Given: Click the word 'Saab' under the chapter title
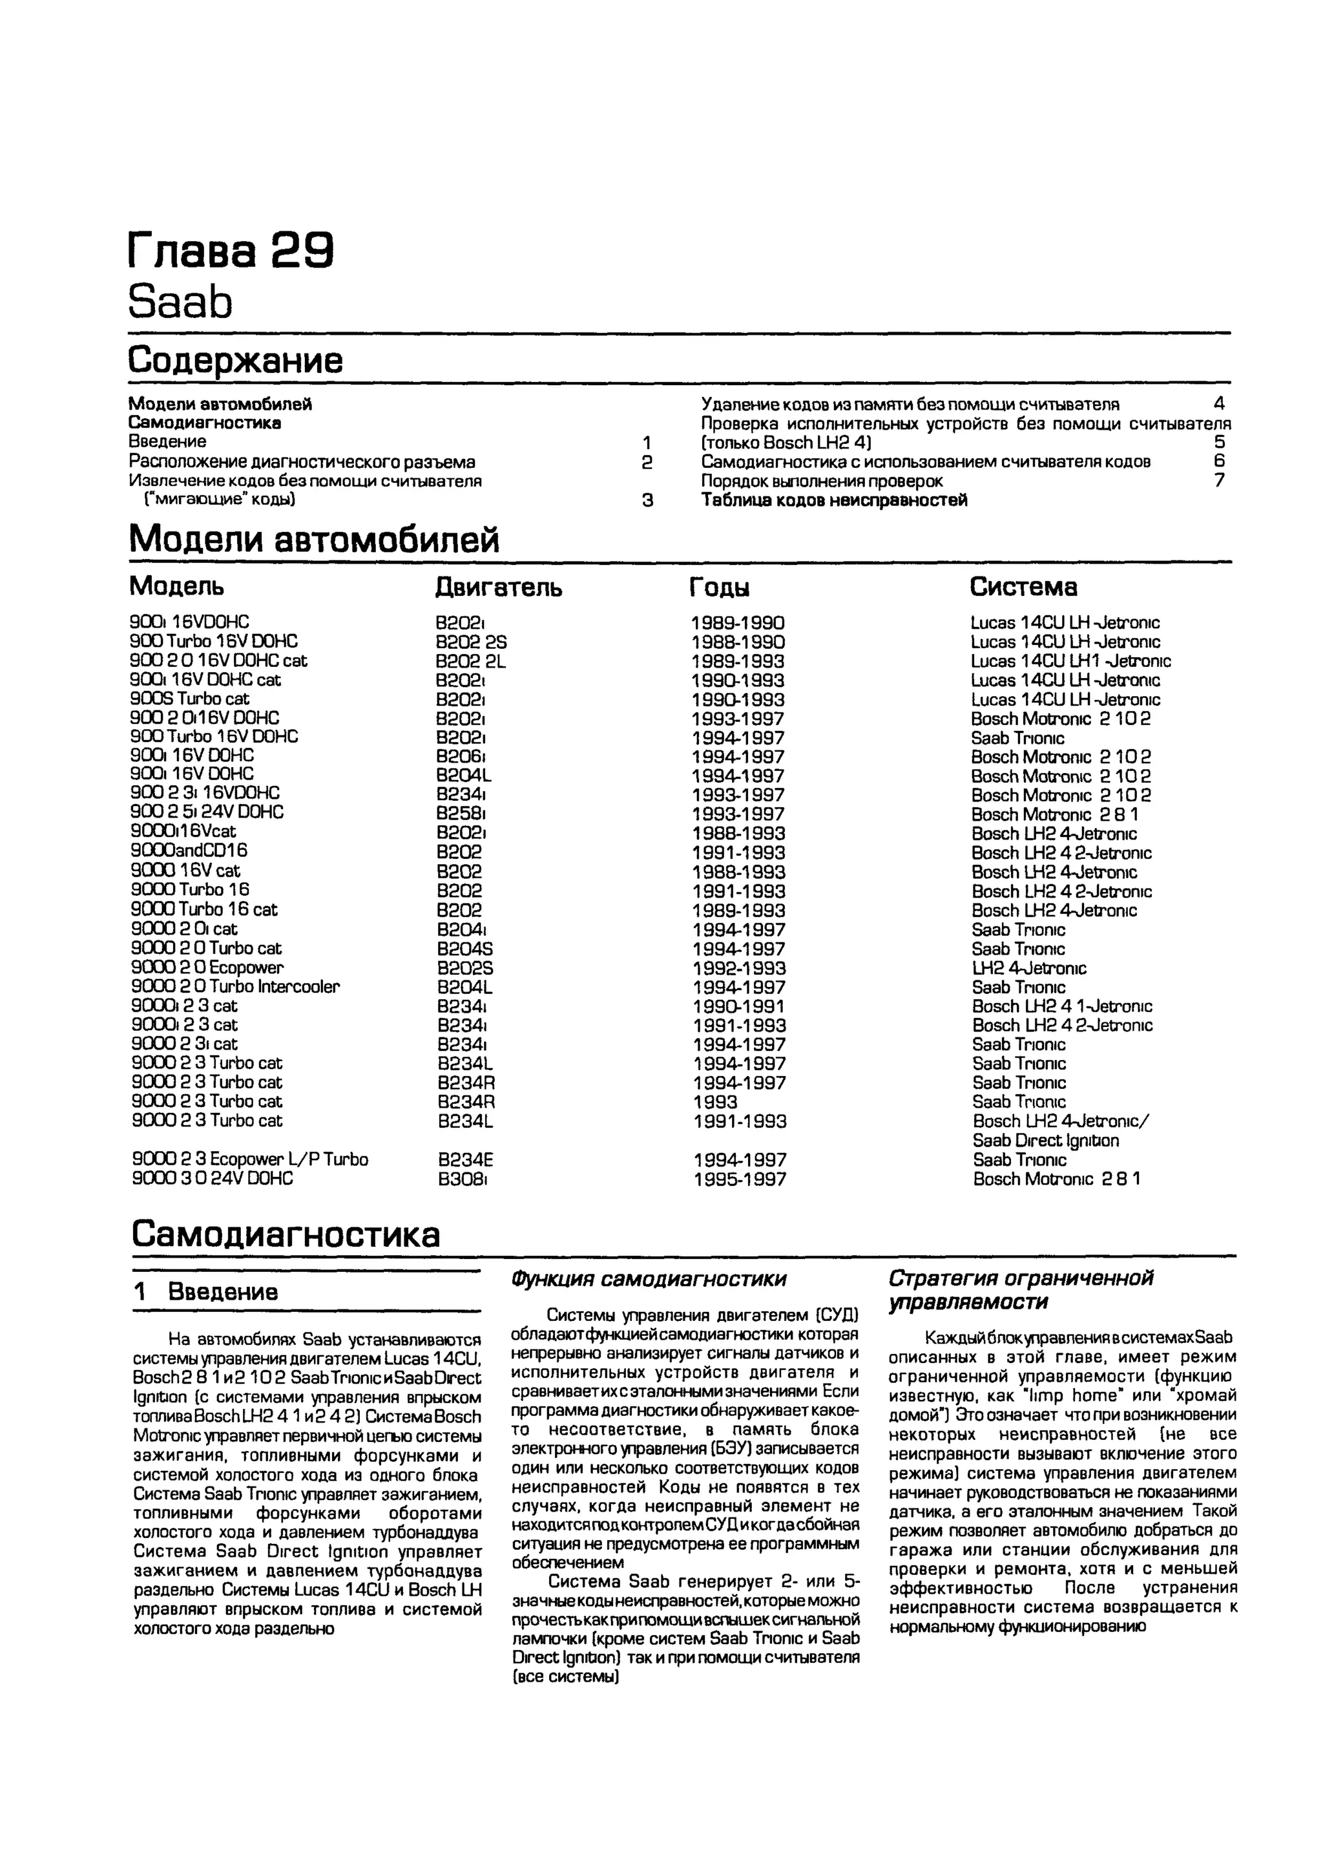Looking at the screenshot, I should [180, 302].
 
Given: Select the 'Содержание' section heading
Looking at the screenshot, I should [235, 360].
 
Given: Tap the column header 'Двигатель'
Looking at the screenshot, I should [498, 587].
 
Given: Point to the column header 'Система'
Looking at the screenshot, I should [1023, 587].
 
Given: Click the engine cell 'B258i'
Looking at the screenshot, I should [461, 813].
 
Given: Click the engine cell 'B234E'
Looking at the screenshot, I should [465, 1159].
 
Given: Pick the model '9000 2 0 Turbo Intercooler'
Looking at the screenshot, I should [235, 986].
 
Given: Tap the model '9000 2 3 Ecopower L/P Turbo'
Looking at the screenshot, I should [249, 1159].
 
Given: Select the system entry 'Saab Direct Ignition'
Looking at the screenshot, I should [1045, 1140].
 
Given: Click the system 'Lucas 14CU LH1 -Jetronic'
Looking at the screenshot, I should [1070, 661].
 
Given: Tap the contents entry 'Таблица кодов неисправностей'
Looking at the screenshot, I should [834, 500].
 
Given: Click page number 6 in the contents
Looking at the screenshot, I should [1219, 461].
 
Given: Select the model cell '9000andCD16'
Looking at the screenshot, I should [189, 850].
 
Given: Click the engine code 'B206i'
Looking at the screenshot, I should [461, 756].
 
